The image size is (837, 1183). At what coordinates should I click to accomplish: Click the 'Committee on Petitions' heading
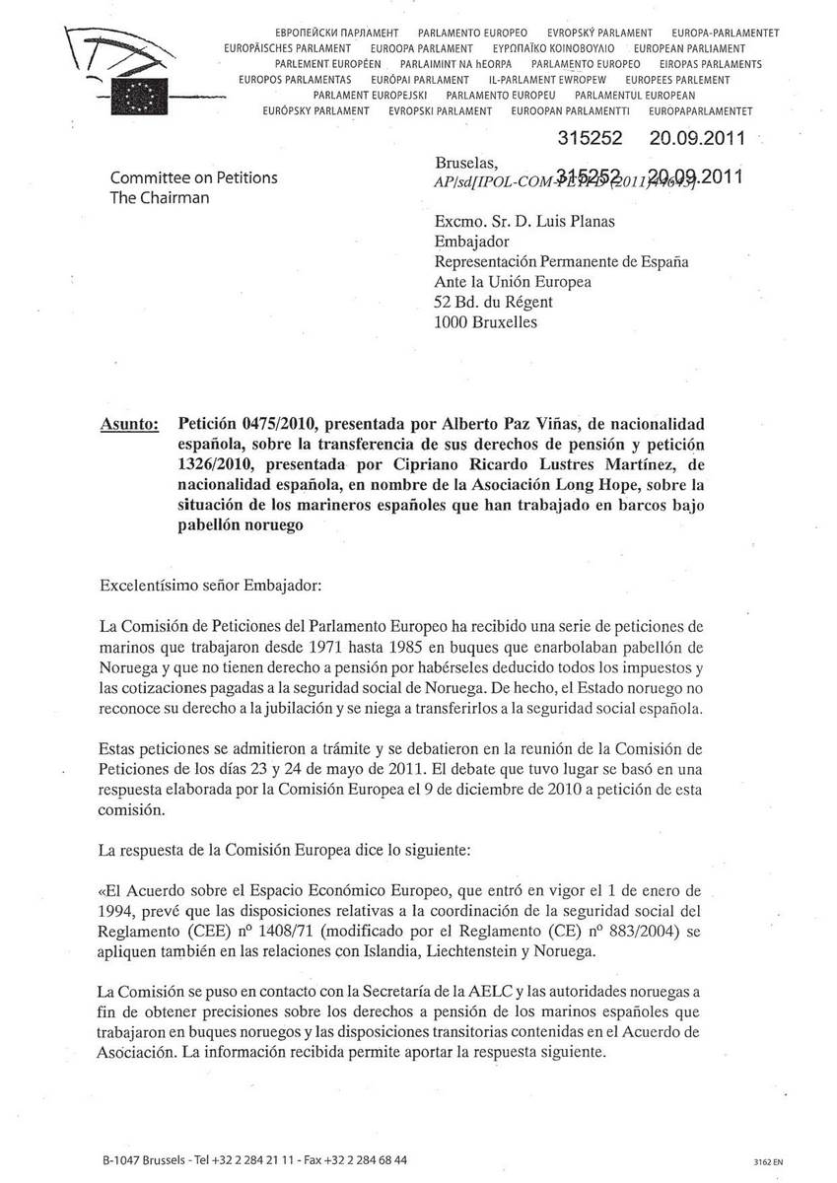coord(194,178)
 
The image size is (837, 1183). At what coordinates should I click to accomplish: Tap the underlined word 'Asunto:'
coord(130,425)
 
